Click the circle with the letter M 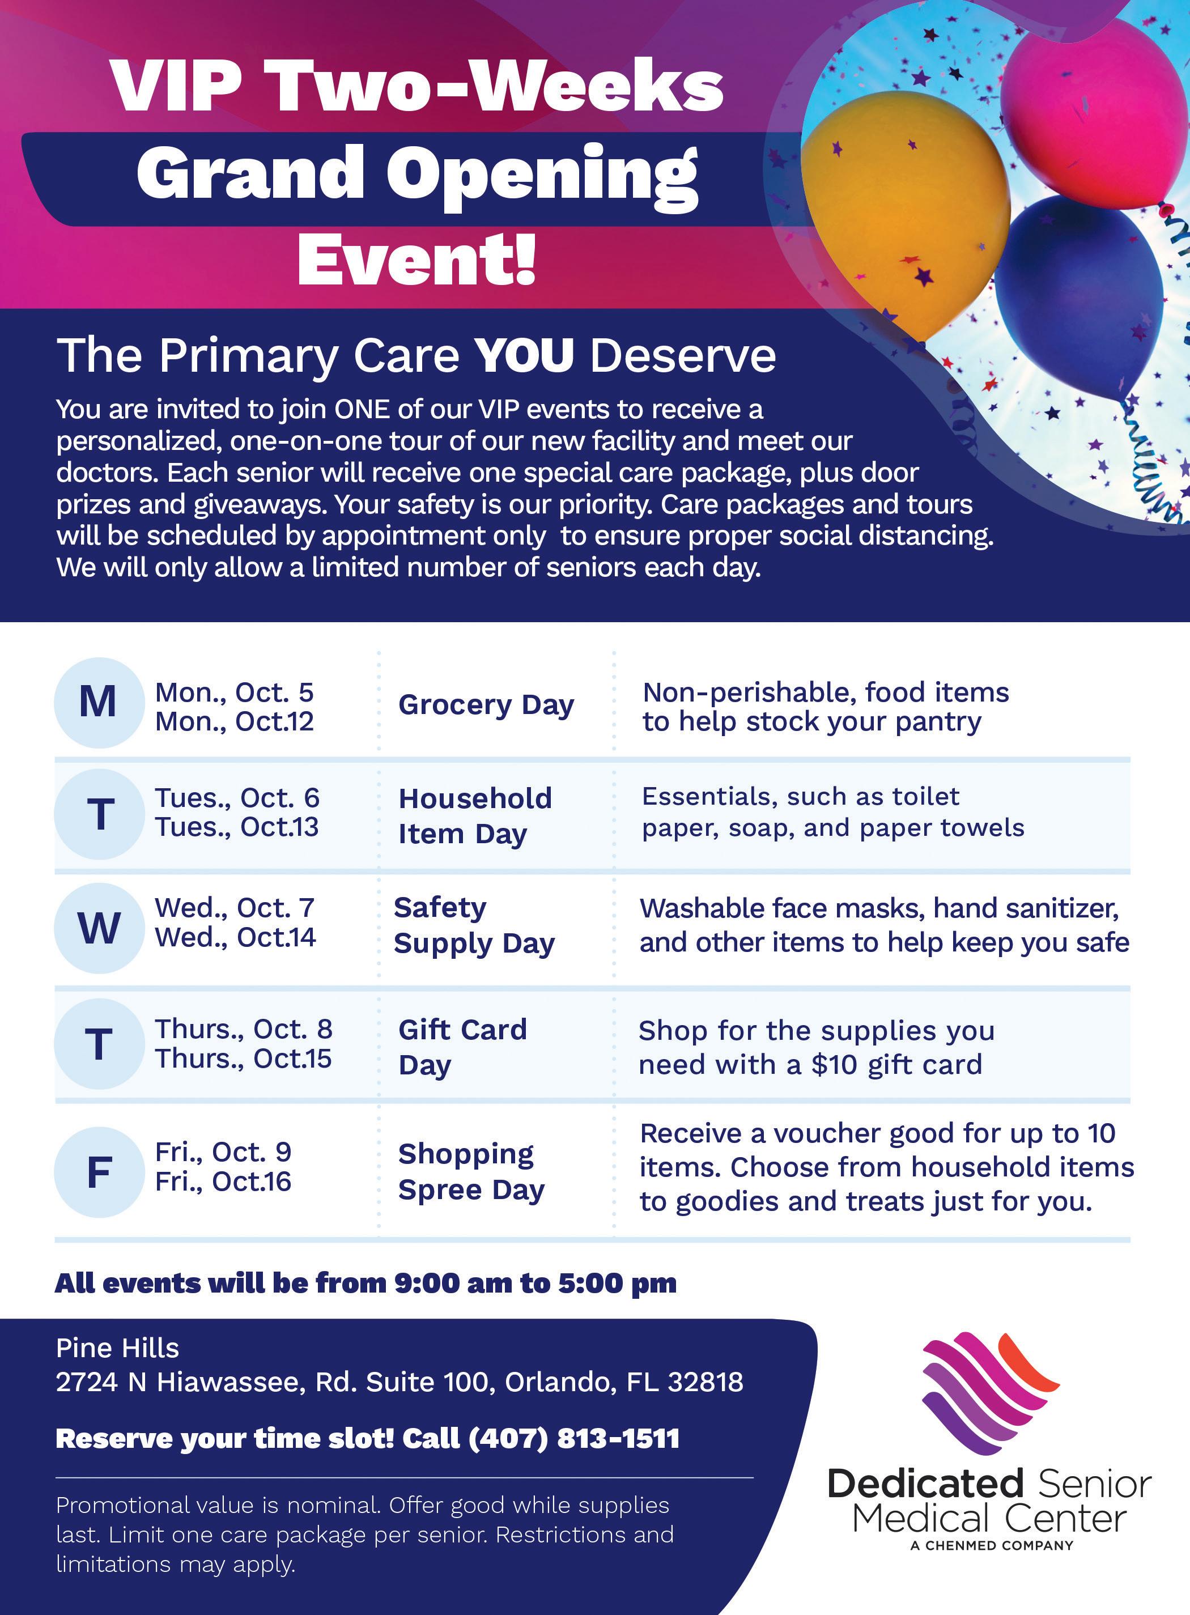[x=99, y=702]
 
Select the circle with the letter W [x=99, y=928]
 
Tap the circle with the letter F [x=99, y=1172]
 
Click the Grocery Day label [x=486, y=705]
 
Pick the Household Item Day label [x=475, y=816]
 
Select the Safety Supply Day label [x=474, y=925]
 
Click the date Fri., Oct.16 [x=223, y=1181]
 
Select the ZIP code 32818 [x=705, y=1382]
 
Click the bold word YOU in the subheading [x=524, y=355]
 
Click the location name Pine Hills [x=117, y=1348]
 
